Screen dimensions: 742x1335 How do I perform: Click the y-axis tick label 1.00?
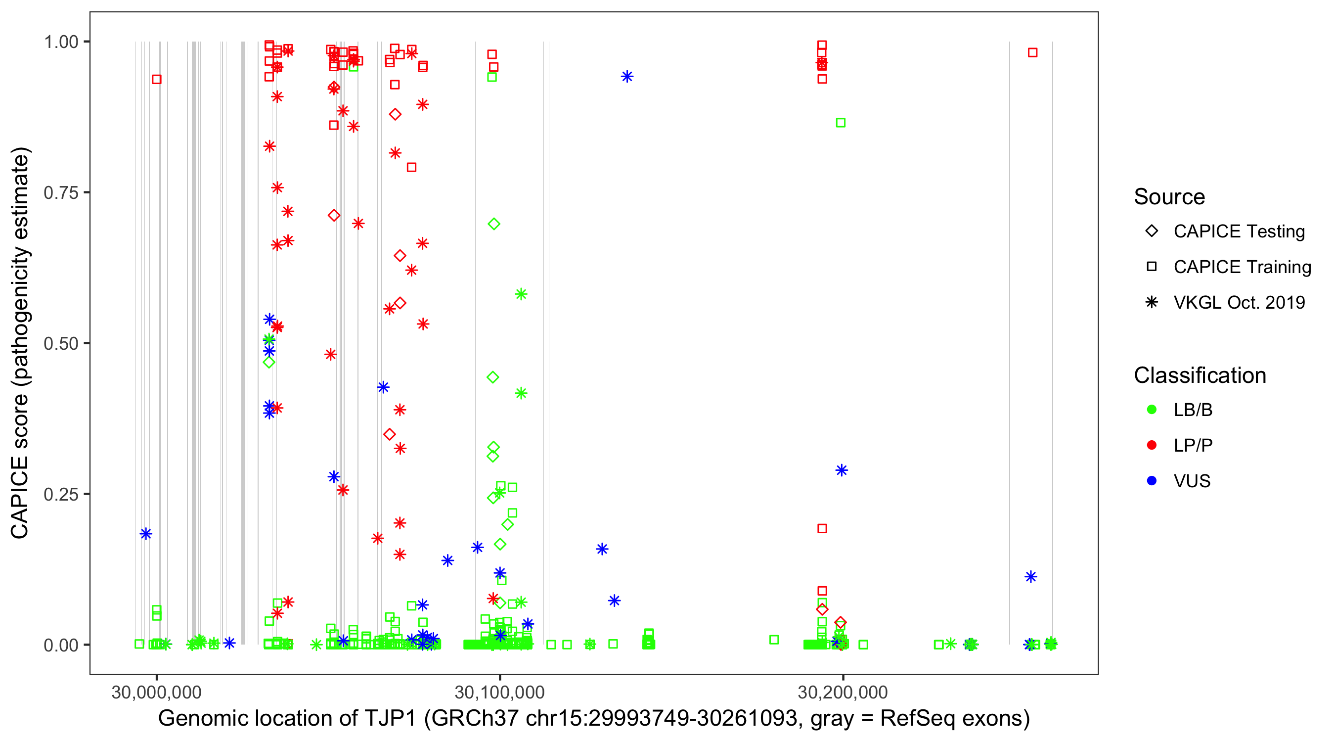tap(61, 42)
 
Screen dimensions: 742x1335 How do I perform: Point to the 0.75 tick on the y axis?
tap(61, 193)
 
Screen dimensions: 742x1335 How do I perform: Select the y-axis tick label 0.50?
tap(61, 343)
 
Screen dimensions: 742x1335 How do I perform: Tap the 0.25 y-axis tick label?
tap(61, 494)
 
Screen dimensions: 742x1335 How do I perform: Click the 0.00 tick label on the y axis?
tap(61, 645)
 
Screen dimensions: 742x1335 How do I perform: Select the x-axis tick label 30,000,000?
tap(157, 692)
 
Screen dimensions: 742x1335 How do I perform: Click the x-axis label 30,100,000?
tap(499, 692)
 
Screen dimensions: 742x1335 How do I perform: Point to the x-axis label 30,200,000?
tap(843, 692)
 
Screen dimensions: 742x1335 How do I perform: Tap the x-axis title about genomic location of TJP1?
tap(594, 719)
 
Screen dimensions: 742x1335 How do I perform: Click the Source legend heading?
tap(1169, 197)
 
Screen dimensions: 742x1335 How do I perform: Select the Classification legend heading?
tap(1200, 375)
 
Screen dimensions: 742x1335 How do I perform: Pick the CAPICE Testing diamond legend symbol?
tap(1152, 232)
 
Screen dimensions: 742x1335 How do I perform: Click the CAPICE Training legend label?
tap(1242, 267)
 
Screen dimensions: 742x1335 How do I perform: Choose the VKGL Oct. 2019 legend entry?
tap(1239, 303)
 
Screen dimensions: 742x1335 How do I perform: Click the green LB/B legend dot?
tap(1152, 410)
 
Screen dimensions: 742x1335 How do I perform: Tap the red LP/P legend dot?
tap(1152, 445)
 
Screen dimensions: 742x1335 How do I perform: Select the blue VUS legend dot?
tap(1152, 481)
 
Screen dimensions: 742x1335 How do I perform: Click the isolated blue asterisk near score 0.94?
tap(627, 77)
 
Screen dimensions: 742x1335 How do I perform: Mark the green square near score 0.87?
tap(841, 123)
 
